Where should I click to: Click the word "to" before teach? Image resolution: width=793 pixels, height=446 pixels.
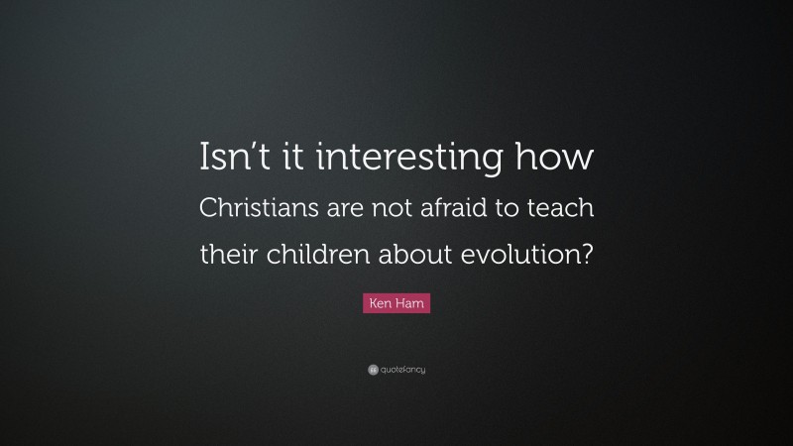point(525,210)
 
